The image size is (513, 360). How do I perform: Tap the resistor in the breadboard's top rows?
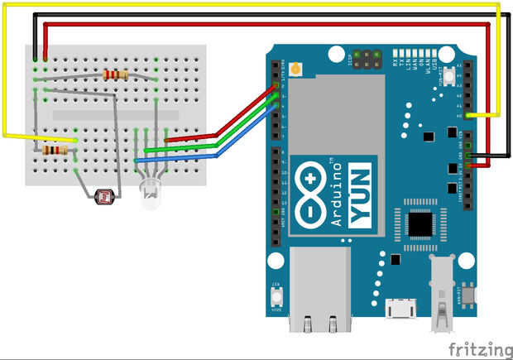(x=115, y=74)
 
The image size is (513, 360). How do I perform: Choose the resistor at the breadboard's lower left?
(x=55, y=151)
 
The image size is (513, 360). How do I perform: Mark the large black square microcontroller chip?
(x=421, y=221)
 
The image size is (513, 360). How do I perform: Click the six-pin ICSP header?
(x=367, y=60)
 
